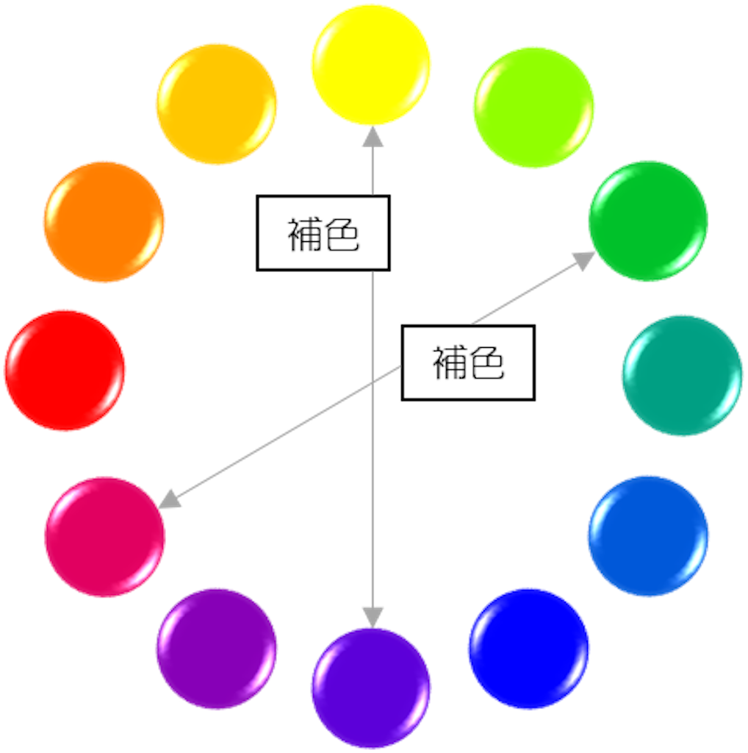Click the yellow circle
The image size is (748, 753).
371,64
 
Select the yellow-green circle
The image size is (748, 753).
533,107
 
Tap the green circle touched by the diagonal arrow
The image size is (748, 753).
648,220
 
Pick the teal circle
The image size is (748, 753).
682,375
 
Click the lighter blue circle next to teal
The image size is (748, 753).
648,535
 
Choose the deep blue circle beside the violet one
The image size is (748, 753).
529,648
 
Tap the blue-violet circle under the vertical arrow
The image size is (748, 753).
371,688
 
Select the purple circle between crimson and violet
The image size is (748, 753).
217,648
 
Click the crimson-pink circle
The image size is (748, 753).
104,536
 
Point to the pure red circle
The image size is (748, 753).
65,370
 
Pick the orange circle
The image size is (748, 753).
104,221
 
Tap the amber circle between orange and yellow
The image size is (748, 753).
217,104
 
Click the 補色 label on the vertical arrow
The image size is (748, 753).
323,233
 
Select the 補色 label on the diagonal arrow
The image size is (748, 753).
467,363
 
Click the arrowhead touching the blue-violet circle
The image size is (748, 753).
373,616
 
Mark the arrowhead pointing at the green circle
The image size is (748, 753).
586,258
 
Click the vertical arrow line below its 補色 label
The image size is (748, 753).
373,441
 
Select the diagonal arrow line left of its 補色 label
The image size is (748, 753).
294,429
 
